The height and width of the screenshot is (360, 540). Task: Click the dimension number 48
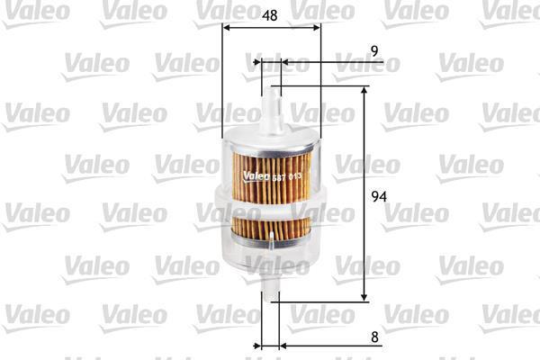click(x=270, y=15)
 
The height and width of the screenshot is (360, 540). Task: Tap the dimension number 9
click(x=374, y=51)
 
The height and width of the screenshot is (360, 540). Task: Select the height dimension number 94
click(x=379, y=196)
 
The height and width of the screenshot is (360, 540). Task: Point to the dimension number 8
click(x=374, y=337)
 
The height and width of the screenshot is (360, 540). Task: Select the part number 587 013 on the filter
click(x=287, y=177)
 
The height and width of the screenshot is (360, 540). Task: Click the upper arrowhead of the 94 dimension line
click(x=364, y=90)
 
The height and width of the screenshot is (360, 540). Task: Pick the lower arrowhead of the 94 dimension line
click(x=364, y=297)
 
